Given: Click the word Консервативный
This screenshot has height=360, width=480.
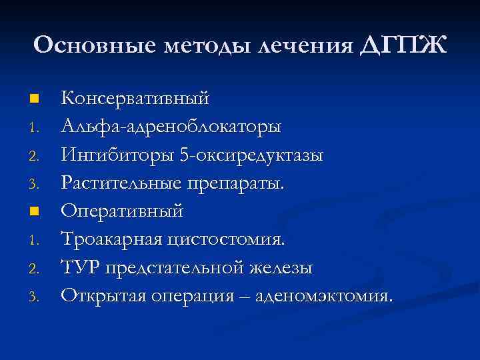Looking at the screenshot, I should tap(135, 99).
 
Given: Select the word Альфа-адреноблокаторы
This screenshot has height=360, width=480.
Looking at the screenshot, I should tap(171, 127).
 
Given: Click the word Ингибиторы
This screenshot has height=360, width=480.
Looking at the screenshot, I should tap(117, 155).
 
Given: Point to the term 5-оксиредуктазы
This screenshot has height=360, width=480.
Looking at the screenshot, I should tap(252, 155).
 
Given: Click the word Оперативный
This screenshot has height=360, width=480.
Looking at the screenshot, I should tap(122, 211).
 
